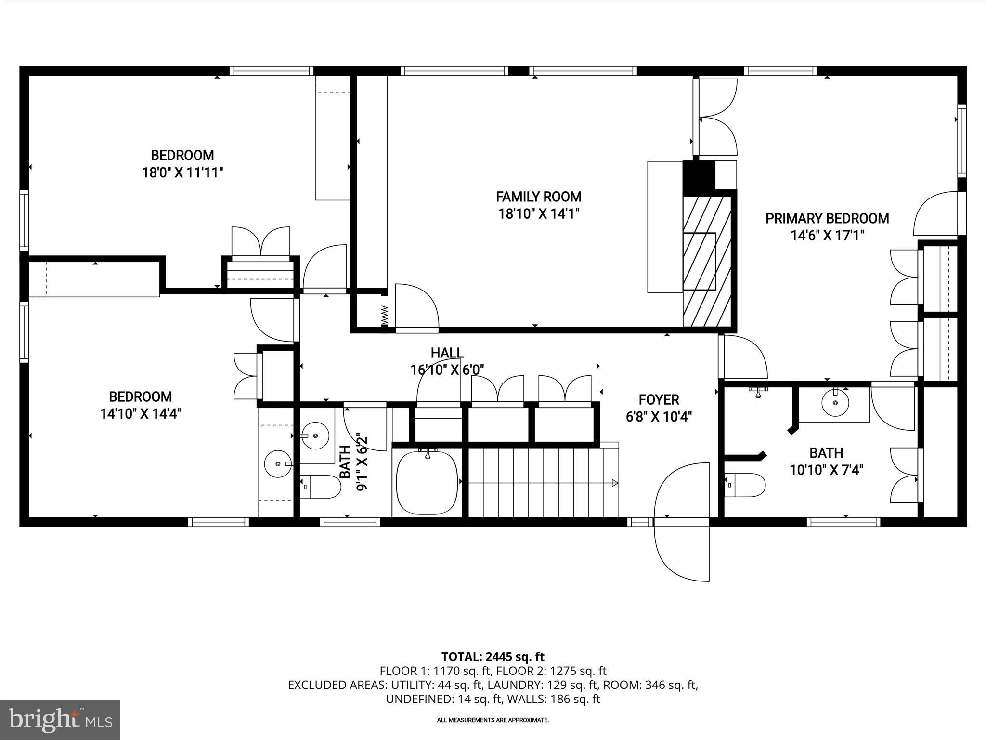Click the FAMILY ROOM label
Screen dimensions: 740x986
pyautogui.click(x=538, y=197)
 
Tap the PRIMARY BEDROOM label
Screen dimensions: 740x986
pyautogui.click(x=827, y=218)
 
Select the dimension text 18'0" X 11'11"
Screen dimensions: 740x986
pyautogui.click(x=182, y=172)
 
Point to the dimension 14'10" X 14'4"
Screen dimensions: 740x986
pyautogui.click(x=141, y=414)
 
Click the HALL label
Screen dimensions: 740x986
pyautogui.click(x=447, y=353)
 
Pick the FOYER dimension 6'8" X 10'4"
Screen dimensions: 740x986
pyautogui.click(x=659, y=417)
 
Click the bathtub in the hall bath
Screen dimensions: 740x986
pyautogui.click(x=427, y=482)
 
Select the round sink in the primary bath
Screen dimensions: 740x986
pyautogui.click(x=835, y=403)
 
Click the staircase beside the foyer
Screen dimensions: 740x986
pyautogui.click(x=542, y=482)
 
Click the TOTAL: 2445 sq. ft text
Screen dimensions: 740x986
pyautogui.click(x=493, y=657)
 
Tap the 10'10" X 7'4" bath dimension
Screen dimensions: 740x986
pyautogui.click(x=826, y=470)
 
